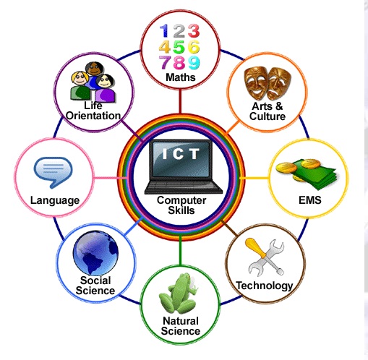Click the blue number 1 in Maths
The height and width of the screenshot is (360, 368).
[165, 30]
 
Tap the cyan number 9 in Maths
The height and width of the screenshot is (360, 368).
[194, 63]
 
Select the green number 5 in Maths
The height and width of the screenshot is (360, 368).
[179, 47]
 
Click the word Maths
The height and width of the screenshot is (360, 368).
[181, 77]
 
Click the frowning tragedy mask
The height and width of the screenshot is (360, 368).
[279, 83]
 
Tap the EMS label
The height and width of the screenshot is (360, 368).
[310, 200]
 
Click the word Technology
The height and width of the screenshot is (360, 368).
[265, 286]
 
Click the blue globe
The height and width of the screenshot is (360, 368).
[95, 253]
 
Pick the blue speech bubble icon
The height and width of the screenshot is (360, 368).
[53, 171]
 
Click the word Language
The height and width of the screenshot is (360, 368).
[55, 200]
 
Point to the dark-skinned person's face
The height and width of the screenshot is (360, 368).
[94, 69]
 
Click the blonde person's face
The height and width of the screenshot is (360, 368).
[80, 79]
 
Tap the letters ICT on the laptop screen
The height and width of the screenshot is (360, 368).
[181, 153]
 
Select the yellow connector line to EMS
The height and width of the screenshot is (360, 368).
[254, 178]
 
